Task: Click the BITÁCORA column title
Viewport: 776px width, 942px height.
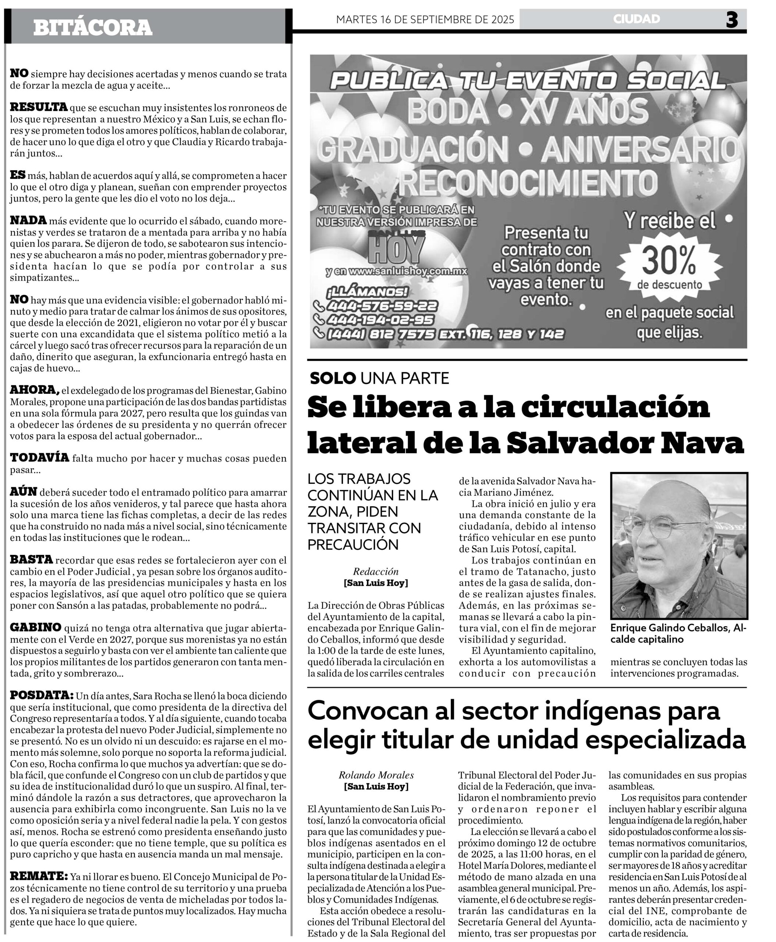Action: pyautogui.click(x=92, y=27)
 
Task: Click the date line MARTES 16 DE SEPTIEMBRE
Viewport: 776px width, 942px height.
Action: pyautogui.click(x=425, y=20)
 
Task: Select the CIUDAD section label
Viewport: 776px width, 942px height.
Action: pyautogui.click(x=637, y=19)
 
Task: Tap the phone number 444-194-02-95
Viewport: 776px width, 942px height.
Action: pyautogui.click(x=380, y=319)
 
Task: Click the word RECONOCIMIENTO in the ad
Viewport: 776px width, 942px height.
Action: pyautogui.click(x=528, y=181)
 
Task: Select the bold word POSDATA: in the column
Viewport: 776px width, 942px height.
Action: pyautogui.click(x=42, y=695)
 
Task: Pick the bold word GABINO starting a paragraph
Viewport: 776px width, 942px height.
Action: pyautogui.click(x=35, y=627)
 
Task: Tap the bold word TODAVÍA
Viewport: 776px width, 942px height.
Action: pyautogui.click(x=39, y=458)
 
